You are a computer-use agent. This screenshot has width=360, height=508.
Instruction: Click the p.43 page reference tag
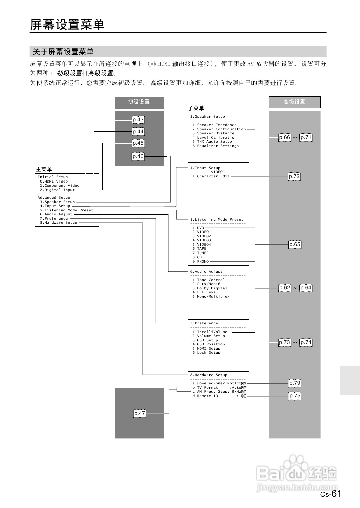[138, 120]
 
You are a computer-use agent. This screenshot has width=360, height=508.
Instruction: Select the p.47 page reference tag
[140, 413]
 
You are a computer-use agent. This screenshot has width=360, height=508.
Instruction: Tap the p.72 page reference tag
[294, 176]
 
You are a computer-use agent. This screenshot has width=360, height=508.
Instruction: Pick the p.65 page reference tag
[295, 244]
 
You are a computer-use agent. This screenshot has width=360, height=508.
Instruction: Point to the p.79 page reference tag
[295, 383]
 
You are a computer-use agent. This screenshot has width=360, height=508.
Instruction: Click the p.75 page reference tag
[295, 396]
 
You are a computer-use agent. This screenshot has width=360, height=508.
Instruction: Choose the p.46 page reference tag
[138, 156]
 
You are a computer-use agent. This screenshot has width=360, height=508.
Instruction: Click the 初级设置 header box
[139, 102]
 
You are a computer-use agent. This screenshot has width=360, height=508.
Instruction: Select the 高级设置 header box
[294, 102]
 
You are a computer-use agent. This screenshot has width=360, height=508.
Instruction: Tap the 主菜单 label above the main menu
[44, 169]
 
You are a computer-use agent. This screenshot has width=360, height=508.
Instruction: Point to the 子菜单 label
[196, 108]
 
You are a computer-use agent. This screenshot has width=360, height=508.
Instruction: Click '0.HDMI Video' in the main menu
[54, 181]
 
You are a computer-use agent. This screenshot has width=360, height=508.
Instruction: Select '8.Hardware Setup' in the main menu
[59, 223]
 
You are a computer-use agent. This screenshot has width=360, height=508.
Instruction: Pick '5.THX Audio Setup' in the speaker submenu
[212, 142]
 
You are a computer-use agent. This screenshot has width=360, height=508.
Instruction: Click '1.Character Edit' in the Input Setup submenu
[211, 176]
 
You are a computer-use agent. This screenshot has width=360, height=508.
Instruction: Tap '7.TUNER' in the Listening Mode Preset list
[200, 253]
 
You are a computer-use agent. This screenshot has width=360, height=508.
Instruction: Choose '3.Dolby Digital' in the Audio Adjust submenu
[210, 288]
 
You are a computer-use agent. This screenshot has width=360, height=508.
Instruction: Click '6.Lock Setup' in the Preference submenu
[206, 353]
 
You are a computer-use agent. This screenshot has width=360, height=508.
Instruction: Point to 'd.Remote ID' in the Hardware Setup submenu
[205, 396]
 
